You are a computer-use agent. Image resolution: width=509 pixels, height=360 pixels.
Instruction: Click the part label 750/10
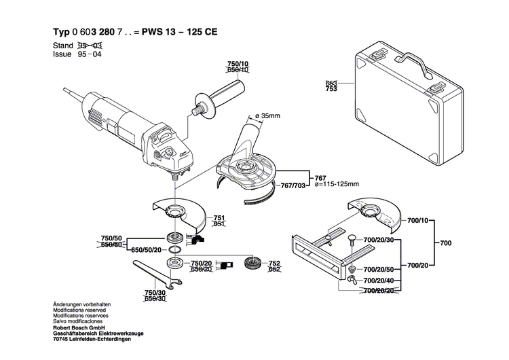[x=237, y=64]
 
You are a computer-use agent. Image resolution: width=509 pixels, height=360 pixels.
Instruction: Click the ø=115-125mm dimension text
[x=337, y=184]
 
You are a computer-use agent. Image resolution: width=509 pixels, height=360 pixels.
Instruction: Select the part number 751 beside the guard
[x=219, y=218]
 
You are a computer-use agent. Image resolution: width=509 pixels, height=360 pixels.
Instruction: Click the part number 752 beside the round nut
[x=274, y=263]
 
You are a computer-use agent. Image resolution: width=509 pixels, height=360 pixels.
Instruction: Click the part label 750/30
[x=155, y=293]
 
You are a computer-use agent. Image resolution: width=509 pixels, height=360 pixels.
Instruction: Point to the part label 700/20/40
[x=377, y=279]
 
